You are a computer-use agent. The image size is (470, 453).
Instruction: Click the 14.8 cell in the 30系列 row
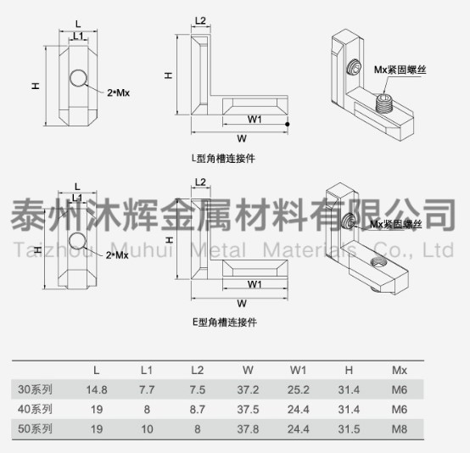97,389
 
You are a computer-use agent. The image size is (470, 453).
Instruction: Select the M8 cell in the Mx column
400,429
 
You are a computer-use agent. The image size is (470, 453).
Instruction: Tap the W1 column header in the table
298,370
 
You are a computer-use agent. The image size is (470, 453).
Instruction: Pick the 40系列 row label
35,409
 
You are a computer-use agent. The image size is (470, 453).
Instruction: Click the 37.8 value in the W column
248,429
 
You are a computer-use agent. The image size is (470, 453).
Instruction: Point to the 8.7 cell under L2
197,410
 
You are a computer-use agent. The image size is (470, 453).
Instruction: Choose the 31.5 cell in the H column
349,429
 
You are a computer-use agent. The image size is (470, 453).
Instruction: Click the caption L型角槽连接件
223,159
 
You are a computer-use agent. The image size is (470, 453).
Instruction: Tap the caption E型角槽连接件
225,322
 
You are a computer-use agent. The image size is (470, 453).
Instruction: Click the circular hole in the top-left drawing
79,78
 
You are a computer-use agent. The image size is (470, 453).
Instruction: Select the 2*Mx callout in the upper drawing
119,92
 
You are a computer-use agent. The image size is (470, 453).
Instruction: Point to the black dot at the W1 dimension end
288,124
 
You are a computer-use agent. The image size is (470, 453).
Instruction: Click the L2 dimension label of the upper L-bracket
200,20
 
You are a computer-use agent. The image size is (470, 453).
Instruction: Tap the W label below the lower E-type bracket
242,304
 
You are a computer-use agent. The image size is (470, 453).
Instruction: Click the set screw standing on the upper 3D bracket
383,103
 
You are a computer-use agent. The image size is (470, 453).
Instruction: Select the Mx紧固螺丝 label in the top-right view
400,70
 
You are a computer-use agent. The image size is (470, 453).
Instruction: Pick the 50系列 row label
35,429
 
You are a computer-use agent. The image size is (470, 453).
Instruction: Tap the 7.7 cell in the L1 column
147,389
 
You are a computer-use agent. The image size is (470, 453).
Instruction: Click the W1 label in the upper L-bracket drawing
255,120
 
